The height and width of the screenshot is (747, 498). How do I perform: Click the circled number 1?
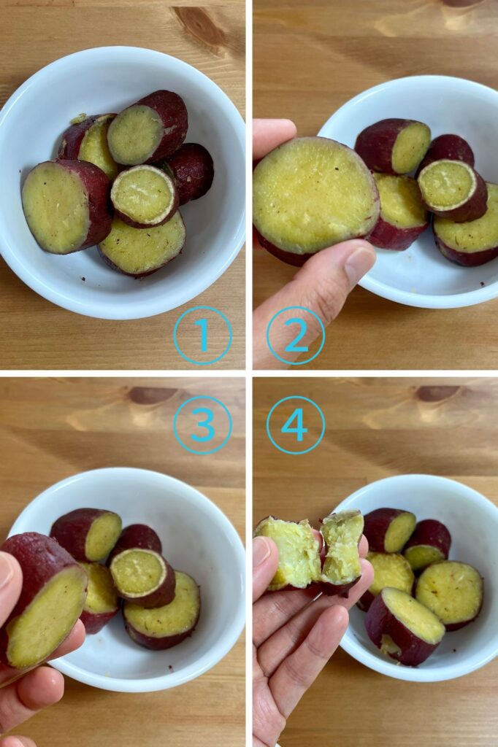click(x=203, y=336)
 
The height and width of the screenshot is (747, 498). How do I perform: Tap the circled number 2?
click(x=296, y=336)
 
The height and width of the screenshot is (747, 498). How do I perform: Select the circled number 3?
click(x=203, y=425)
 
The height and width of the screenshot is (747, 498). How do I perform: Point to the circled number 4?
click(x=296, y=425)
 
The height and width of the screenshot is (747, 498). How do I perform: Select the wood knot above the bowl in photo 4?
click(x=438, y=392)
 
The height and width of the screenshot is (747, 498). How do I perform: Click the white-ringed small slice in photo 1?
click(x=145, y=196)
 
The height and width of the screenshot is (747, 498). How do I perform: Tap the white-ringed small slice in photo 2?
click(x=452, y=190)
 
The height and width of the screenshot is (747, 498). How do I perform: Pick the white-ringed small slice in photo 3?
click(x=142, y=577)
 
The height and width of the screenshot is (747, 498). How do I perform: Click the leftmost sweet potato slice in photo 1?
click(x=66, y=207)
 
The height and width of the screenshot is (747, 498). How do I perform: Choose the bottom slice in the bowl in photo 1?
click(x=142, y=244)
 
